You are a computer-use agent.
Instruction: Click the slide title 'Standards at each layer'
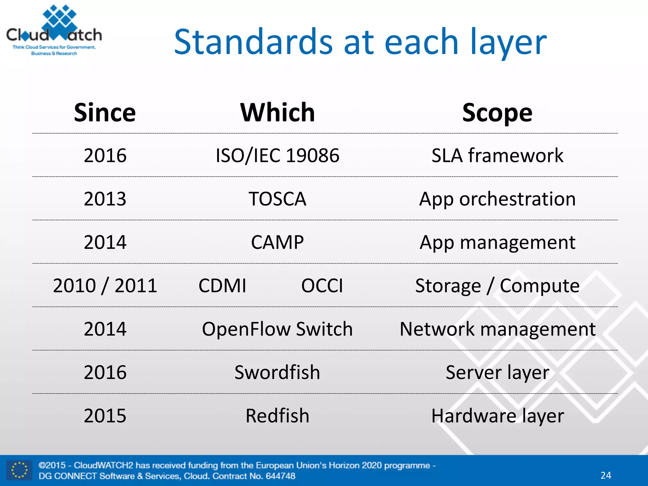click(360, 42)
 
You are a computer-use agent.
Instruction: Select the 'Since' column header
click(105, 113)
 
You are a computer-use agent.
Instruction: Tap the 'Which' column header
click(277, 113)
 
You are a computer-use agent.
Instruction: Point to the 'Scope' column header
click(497, 113)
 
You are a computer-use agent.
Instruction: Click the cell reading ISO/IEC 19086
click(277, 155)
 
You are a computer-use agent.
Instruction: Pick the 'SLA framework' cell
click(497, 155)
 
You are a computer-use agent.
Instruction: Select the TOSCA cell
click(277, 199)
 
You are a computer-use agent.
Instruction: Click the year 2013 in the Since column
click(105, 199)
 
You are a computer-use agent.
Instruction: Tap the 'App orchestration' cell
click(497, 199)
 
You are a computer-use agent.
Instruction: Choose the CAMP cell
click(277, 242)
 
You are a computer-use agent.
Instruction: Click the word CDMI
click(222, 285)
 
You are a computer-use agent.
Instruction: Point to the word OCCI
click(322, 285)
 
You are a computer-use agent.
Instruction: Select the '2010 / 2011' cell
click(105, 285)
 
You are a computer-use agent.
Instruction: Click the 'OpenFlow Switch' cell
click(277, 329)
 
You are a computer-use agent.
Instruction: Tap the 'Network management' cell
click(497, 329)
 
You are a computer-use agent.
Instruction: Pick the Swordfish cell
click(277, 372)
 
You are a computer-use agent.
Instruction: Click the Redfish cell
click(277, 415)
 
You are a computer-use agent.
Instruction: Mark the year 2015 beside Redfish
click(105, 415)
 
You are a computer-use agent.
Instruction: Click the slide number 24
click(606, 475)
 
